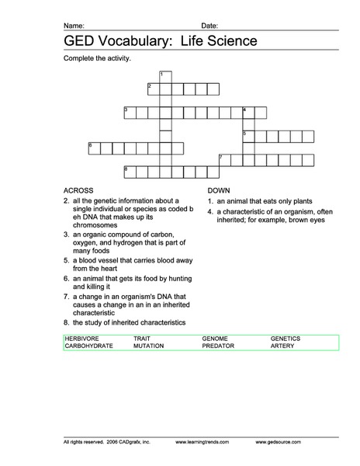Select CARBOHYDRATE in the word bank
pyautogui.click(x=88, y=346)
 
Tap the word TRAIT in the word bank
pyautogui.click(x=141, y=339)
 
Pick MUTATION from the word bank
pyautogui.click(x=148, y=346)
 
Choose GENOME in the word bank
pyautogui.click(x=215, y=339)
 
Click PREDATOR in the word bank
pyautogui.click(x=218, y=346)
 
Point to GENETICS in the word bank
pyautogui.click(x=286, y=339)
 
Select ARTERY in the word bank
pyautogui.click(x=282, y=346)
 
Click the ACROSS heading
pyautogui.click(x=78, y=190)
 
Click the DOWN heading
pyautogui.click(x=220, y=190)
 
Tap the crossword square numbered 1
pyautogui.click(x=165, y=76)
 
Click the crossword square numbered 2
pyautogui.click(x=153, y=88)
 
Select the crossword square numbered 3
pyautogui.click(x=130, y=113)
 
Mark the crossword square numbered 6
pyautogui.click(x=94, y=147)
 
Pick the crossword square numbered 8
pyautogui.click(x=130, y=170)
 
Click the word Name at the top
pyautogui.click(x=74, y=26)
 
